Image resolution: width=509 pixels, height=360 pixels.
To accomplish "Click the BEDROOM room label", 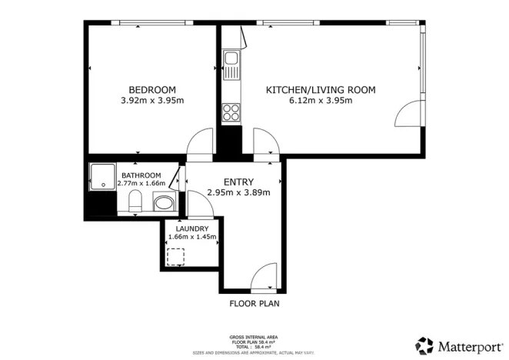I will [151, 89].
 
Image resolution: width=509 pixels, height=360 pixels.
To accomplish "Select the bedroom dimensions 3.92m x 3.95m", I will [151, 100].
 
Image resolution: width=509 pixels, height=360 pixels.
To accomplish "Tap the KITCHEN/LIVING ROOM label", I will [321, 90].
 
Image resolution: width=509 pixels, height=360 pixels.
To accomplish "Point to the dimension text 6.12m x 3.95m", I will [321, 101].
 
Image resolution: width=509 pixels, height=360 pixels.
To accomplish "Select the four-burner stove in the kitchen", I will [231, 113].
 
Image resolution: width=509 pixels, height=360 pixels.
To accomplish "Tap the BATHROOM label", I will [141, 175].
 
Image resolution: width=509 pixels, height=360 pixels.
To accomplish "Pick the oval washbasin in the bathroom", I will [163, 205].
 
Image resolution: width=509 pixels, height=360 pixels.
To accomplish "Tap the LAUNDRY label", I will [191, 228].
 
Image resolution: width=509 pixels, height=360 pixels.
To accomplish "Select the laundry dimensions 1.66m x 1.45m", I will [191, 238].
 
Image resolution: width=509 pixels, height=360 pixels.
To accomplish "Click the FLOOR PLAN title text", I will [254, 304].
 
